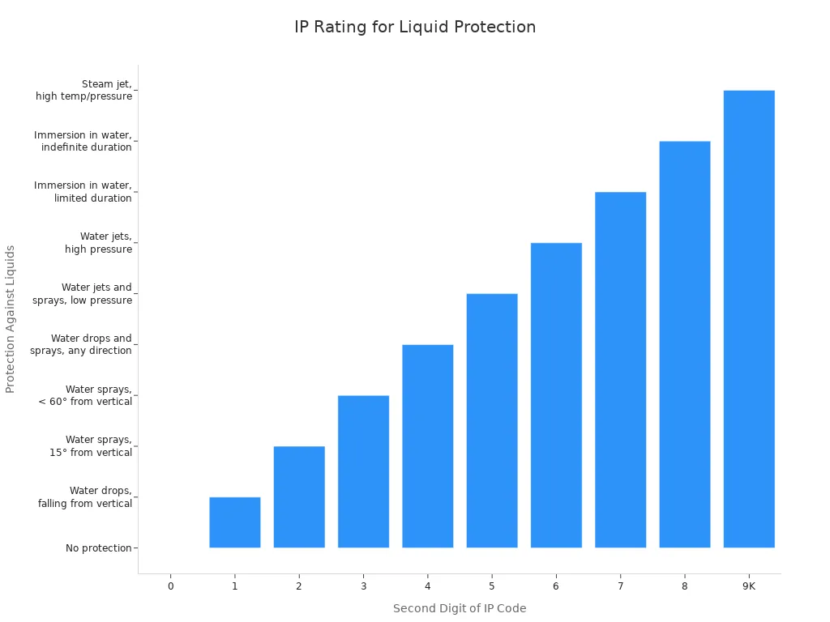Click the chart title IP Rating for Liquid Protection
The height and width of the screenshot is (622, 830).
(x=414, y=27)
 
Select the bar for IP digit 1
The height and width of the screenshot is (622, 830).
(x=234, y=522)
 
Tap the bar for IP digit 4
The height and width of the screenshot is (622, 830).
(x=427, y=446)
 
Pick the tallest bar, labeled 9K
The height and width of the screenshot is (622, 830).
(x=748, y=319)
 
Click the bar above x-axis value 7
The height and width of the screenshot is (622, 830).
(x=620, y=369)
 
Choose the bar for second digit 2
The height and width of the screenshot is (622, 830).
(x=299, y=496)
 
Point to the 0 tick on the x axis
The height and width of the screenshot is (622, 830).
(x=170, y=586)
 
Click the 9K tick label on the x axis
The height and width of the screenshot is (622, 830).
(x=748, y=586)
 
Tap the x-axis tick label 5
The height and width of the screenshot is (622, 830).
(x=491, y=586)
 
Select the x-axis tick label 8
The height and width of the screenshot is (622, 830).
(x=684, y=586)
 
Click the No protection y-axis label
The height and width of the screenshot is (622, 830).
(x=98, y=548)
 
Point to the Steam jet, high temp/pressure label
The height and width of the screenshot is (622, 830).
(x=84, y=90)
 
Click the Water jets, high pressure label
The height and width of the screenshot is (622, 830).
(x=98, y=243)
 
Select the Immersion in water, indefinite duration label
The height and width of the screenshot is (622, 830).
(x=83, y=141)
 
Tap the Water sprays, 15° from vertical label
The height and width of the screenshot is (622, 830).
(x=91, y=446)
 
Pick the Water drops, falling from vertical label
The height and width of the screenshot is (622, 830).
(x=85, y=497)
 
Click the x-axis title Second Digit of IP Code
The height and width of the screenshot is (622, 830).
(x=460, y=608)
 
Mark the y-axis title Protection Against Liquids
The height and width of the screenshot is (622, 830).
(x=11, y=319)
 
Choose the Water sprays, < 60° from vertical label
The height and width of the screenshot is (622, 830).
(x=85, y=395)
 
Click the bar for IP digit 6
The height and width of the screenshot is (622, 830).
(x=556, y=395)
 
